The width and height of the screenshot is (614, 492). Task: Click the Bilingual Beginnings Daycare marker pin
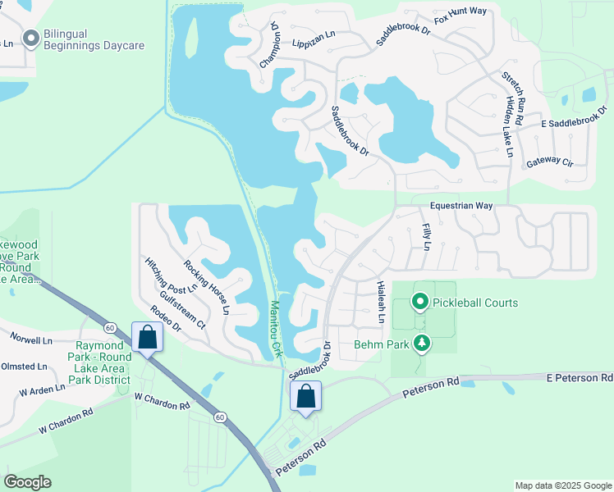tap(31, 39)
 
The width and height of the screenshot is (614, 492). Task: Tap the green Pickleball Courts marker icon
tap(420, 303)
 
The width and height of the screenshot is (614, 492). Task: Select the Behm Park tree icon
tap(421, 344)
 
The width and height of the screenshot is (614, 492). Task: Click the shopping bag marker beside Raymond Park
tap(147, 337)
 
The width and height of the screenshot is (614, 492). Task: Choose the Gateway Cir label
tap(549, 162)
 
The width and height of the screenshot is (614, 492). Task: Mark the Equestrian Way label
tap(461, 206)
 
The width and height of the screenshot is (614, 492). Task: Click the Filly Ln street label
tap(426, 231)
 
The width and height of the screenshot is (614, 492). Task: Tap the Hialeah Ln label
tap(380, 301)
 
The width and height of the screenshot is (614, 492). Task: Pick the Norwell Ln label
tap(30, 339)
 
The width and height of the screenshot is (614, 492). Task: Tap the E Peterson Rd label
tap(580, 378)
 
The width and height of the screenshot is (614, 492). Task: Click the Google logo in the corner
tap(27, 482)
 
